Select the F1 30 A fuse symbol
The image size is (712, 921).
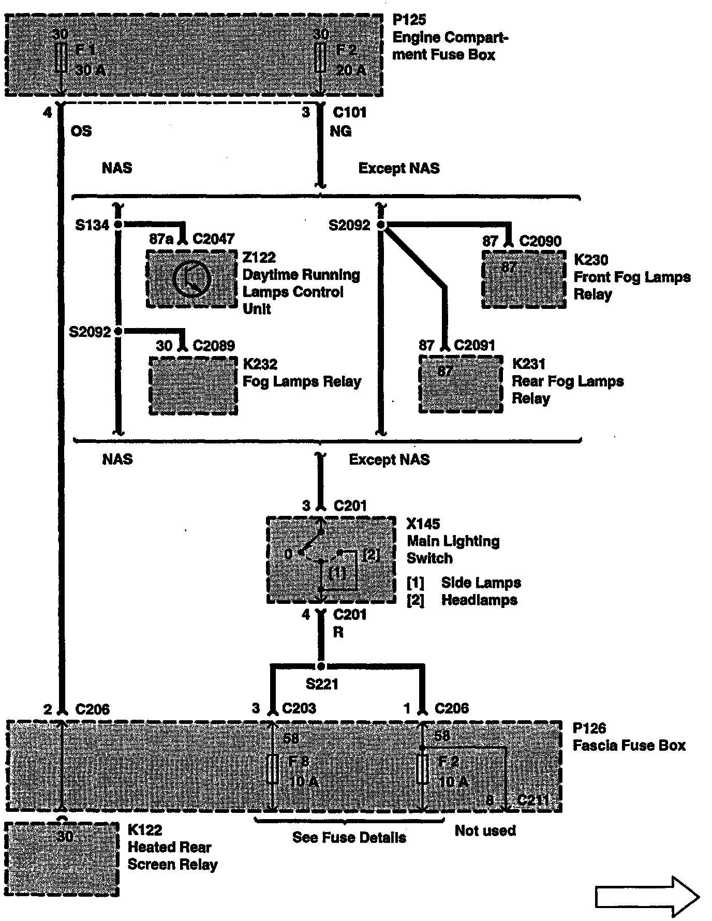(61, 57)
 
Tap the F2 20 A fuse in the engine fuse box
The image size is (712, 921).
(321, 57)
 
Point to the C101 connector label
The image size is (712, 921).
(350, 112)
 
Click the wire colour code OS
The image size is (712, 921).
(81, 131)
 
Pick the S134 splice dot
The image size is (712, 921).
(118, 225)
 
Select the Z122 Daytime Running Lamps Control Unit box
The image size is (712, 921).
(192, 279)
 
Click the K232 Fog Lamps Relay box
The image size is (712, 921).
(194, 385)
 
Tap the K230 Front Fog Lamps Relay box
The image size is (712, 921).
(524, 279)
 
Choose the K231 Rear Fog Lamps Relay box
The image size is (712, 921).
(461, 384)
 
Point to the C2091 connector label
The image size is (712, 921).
(474, 345)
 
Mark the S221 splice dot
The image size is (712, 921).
(321, 666)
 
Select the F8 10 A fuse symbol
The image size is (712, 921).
(272, 769)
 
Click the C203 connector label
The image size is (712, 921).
(299, 708)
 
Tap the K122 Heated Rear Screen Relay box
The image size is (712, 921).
(62, 859)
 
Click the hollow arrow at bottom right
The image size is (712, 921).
(647, 897)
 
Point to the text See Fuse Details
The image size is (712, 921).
(349, 837)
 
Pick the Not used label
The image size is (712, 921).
(485, 830)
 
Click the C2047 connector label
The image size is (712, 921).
(214, 239)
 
